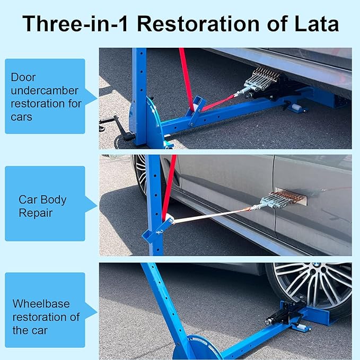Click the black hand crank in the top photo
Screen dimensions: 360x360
(x=114, y=125)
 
